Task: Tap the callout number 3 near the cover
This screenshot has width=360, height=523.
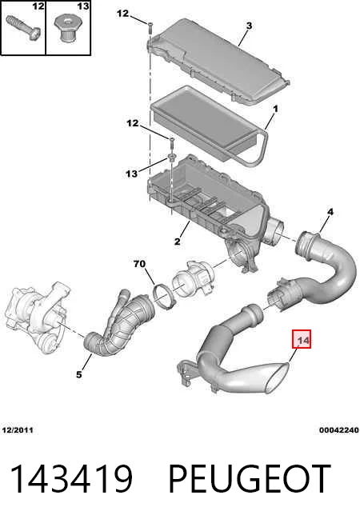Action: click(x=249, y=26)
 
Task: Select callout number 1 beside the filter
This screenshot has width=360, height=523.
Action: click(x=275, y=109)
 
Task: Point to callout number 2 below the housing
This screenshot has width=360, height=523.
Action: click(x=177, y=241)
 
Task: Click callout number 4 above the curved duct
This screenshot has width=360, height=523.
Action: click(x=330, y=212)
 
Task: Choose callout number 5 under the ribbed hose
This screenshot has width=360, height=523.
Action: click(x=78, y=374)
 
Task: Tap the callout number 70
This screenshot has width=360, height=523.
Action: click(x=139, y=264)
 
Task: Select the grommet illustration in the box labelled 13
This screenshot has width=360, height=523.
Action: click(x=67, y=30)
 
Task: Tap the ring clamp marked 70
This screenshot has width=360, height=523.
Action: click(x=163, y=296)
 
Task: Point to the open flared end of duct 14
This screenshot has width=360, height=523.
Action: click(x=276, y=380)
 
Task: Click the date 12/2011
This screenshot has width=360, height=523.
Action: click(x=18, y=430)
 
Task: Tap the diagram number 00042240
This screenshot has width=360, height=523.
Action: click(x=339, y=430)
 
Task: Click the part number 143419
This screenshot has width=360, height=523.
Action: click(x=71, y=479)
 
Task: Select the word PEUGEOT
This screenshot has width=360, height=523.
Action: click(x=250, y=479)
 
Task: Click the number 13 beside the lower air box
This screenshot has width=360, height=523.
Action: click(x=131, y=174)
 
